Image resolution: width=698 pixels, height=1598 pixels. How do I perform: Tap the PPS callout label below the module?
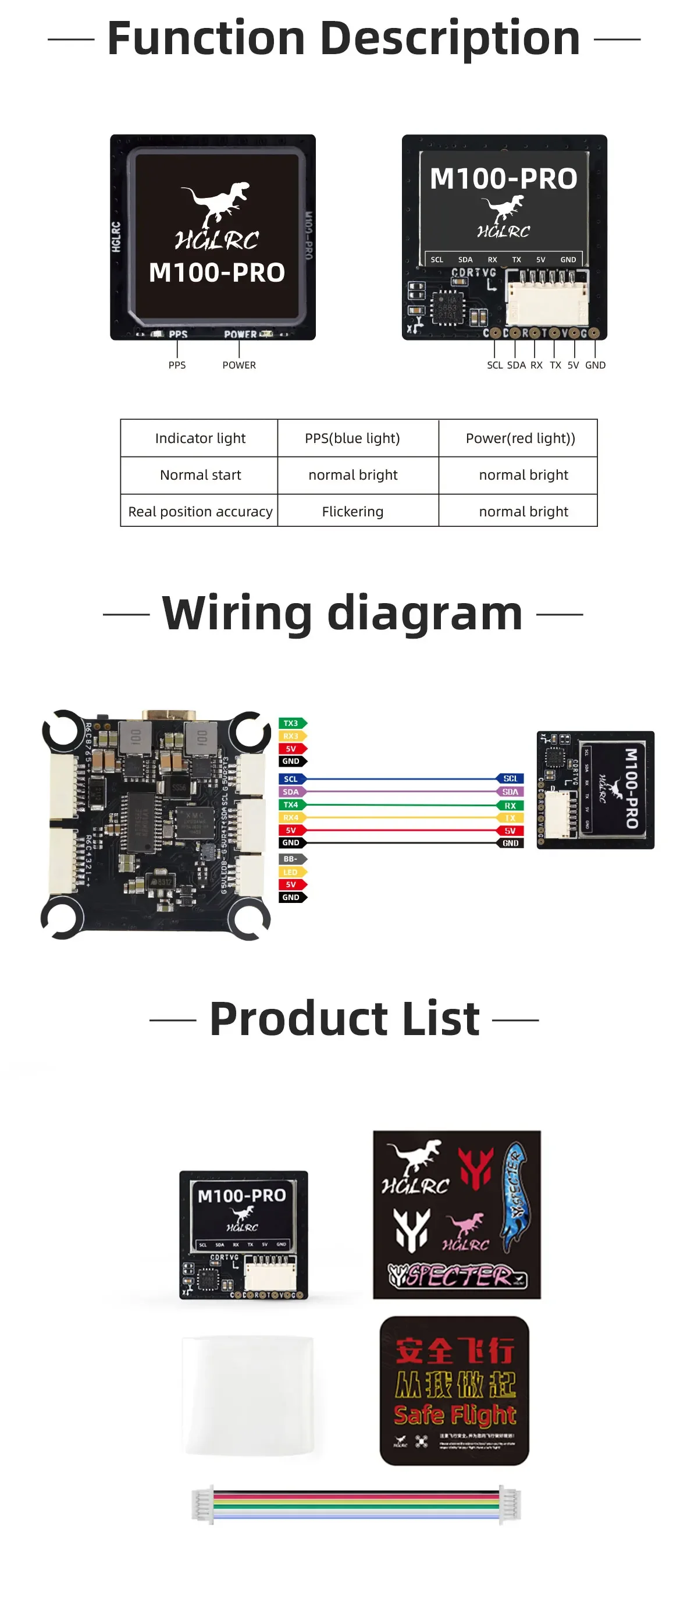177,365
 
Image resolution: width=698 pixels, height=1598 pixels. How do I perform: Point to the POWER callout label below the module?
238,365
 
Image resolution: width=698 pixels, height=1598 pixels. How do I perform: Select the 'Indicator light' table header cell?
200,438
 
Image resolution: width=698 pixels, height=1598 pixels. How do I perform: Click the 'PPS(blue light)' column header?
352,438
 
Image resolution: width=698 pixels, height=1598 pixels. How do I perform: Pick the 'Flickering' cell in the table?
352,511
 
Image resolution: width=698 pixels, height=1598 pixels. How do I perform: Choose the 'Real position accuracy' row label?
200,511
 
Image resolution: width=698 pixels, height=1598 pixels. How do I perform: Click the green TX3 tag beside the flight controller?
291,723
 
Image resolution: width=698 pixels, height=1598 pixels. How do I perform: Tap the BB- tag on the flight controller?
291,859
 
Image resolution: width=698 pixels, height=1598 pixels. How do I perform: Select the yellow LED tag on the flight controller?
291,872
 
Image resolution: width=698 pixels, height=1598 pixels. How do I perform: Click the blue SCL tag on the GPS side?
510,778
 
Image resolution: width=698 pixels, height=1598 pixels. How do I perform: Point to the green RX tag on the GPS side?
510,805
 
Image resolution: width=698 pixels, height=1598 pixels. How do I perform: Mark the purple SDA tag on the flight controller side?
291,792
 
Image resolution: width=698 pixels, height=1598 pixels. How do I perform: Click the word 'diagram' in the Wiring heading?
425,614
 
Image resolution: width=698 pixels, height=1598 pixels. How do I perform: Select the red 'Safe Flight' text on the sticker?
454,1415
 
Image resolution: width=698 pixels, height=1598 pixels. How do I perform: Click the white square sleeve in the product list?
248,1394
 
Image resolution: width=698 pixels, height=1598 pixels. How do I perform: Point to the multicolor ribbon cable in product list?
357,1504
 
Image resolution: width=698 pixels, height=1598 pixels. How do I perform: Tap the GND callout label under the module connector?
595,365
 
